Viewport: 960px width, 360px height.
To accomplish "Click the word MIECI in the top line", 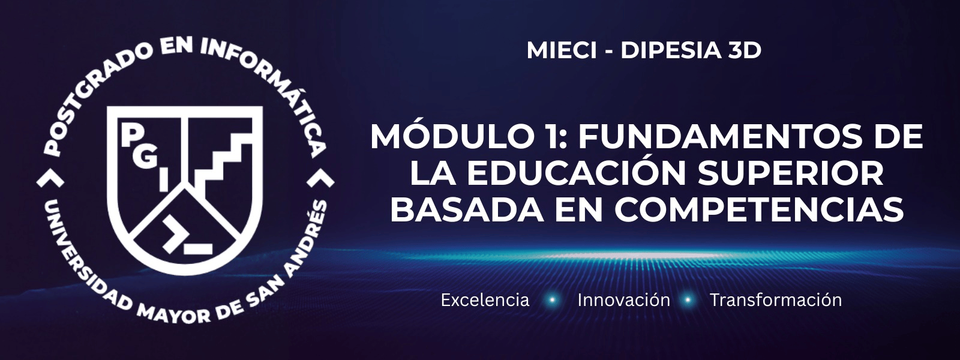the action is coord(562,50).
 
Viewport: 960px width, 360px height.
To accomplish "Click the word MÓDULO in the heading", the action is coord(431,136).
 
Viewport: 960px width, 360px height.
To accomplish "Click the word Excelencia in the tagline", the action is coord(485,300).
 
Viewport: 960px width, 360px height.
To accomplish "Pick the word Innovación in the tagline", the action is coord(623,299).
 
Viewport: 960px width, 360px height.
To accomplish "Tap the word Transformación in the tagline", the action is coord(776,299).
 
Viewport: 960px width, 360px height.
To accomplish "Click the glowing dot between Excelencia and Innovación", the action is coord(553,300).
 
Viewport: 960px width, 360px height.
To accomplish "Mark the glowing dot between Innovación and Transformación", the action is coord(688,300).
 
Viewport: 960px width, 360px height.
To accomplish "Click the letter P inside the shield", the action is coord(130,136).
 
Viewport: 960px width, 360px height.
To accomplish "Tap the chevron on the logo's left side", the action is coord(50,179).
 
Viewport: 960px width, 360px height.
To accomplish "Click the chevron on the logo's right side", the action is coord(321,179).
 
